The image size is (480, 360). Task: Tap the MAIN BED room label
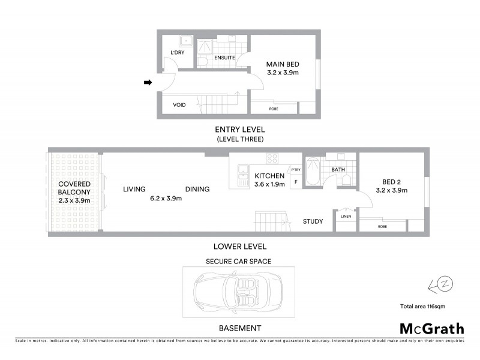[x=283, y=64]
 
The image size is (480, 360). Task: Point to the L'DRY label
[x=177, y=53]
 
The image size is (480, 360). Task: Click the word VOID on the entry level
[x=179, y=105]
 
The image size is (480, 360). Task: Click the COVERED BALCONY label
[x=74, y=188]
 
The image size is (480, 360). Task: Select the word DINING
[x=197, y=190]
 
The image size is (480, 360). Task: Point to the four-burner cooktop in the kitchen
[x=272, y=159]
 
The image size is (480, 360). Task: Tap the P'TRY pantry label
[x=295, y=170]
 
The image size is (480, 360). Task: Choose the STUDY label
[x=313, y=221]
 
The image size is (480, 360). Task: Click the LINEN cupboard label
[x=346, y=216]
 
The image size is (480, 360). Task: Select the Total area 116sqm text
[x=422, y=307]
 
